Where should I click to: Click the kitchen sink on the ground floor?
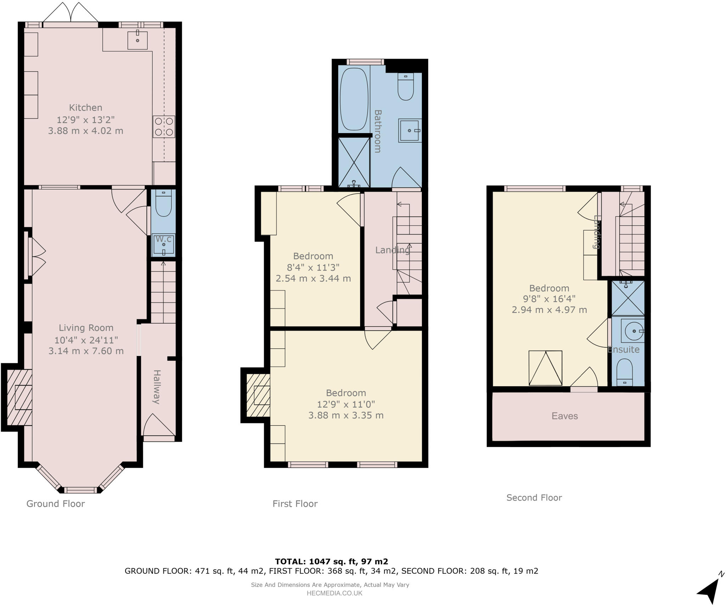(x=137, y=40)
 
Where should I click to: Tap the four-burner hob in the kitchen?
(x=164, y=127)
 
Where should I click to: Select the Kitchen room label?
(x=85, y=107)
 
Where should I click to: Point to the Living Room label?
(x=86, y=328)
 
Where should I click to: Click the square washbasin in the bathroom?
(x=410, y=131)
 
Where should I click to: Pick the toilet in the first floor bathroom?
(x=406, y=87)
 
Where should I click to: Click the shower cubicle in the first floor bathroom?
(x=354, y=162)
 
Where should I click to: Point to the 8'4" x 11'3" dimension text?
(x=313, y=267)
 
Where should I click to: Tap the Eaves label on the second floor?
(x=564, y=416)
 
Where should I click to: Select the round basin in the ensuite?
(x=633, y=331)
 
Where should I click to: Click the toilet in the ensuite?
(x=625, y=372)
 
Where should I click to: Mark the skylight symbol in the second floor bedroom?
(x=545, y=368)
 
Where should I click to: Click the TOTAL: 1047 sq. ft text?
(x=331, y=561)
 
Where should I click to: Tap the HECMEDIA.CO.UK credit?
(x=334, y=593)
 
